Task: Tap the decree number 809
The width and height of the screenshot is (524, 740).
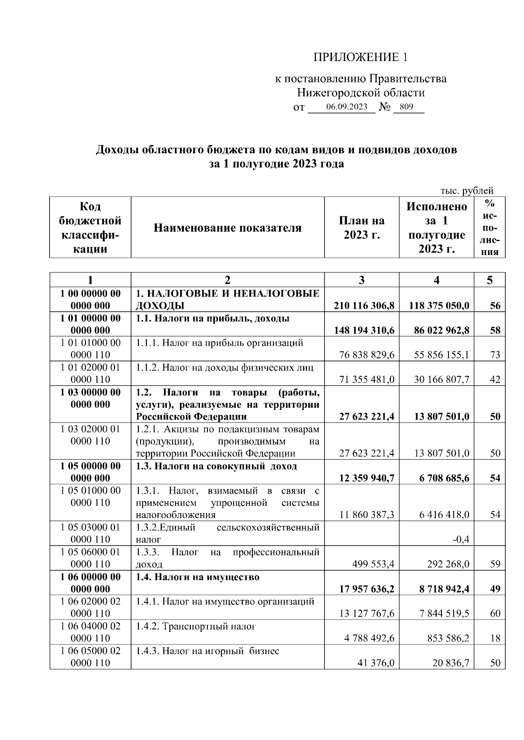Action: tap(406, 107)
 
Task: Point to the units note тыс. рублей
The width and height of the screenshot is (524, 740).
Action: tap(467, 191)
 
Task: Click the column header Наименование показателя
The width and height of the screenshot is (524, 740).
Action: tap(228, 228)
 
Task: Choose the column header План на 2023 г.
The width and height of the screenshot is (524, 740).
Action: tap(362, 228)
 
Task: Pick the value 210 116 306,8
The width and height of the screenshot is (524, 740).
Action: tap(364, 306)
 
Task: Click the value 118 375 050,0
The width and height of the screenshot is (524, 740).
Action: tap(439, 306)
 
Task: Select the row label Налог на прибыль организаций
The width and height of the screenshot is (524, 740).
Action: tap(219, 343)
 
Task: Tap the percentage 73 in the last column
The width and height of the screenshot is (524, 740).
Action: tap(495, 355)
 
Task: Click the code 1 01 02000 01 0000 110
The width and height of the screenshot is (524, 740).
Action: tap(90, 373)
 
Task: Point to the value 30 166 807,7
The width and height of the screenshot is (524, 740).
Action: tap(441, 380)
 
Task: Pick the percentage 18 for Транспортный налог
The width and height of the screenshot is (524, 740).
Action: tap(495, 638)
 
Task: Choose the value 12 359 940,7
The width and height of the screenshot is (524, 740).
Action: tap(367, 478)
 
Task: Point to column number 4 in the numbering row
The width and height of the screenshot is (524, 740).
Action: tap(436, 280)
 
